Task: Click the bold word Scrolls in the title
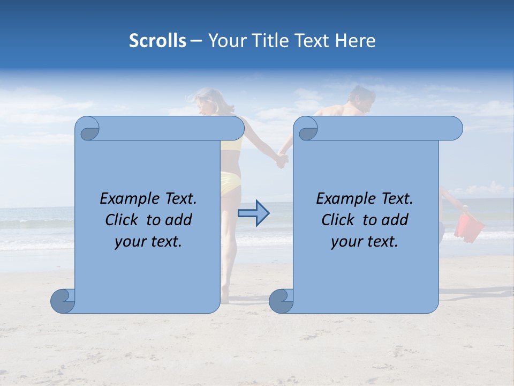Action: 157,41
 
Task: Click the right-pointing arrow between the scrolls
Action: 253,213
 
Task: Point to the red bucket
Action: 468,226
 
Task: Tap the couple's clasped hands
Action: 282,160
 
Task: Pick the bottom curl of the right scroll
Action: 281,301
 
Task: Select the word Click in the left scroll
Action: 122,220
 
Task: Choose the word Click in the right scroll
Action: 338,220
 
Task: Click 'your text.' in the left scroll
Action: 148,242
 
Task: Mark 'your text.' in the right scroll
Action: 365,242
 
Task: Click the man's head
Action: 360,98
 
